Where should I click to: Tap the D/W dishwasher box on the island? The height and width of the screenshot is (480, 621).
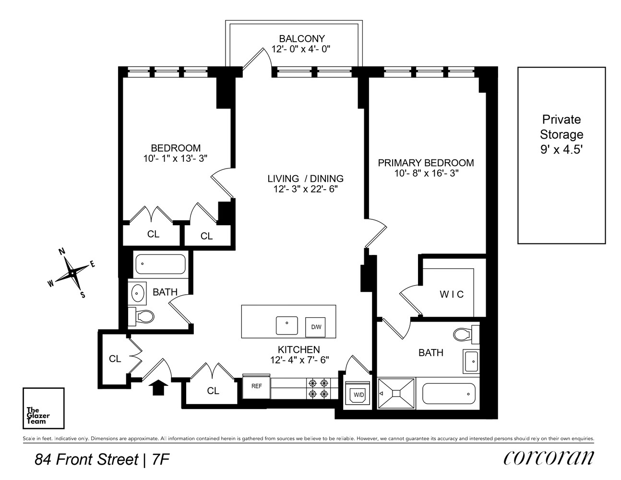[316, 327]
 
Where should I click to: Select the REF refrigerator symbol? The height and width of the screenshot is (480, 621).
[256, 385]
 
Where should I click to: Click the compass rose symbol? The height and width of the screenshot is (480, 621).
[72, 273]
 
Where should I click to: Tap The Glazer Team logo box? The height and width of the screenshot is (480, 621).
[44, 408]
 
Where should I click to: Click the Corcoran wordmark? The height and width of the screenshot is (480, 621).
[549, 458]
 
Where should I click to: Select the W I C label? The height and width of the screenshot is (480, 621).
[452, 294]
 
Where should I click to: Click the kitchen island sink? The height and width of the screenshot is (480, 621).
[287, 325]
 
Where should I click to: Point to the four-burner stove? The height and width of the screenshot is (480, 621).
[319, 388]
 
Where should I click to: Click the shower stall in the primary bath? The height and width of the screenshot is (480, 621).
[396, 393]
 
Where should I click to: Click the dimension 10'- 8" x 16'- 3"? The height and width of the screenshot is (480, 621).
[425, 173]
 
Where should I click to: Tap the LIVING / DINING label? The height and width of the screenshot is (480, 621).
[306, 179]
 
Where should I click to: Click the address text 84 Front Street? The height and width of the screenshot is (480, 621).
[86, 460]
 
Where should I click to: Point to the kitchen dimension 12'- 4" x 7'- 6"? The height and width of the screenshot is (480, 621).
[299, 360]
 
